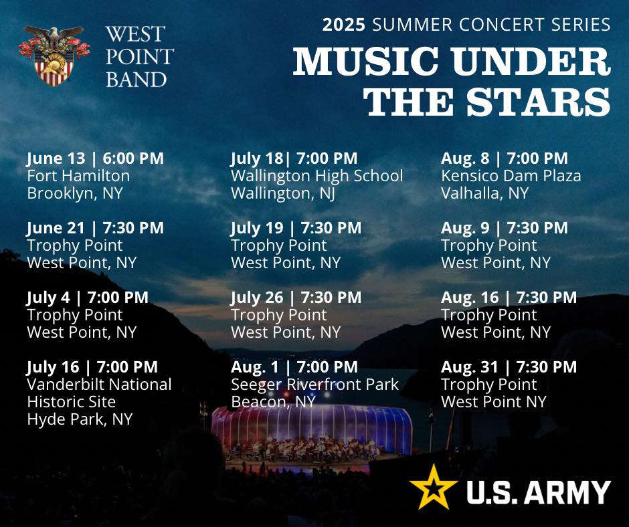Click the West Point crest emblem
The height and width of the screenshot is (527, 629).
point(54,56)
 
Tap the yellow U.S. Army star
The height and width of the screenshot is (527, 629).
point(433,486)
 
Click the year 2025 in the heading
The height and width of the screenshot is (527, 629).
point(344,25)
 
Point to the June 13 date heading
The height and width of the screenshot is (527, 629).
point(95,159)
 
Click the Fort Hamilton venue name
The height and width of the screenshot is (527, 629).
point(78,176)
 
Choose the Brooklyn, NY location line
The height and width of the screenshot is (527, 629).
point(75,193)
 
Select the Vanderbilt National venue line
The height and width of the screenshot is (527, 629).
point(99,385)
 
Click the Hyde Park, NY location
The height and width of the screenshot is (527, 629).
point(80,419)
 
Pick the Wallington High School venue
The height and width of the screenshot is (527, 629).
point(317,176)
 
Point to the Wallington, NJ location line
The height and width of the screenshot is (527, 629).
point(283,193)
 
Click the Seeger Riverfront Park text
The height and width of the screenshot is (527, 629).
point(315,385)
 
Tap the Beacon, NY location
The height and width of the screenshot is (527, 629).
point(273,402)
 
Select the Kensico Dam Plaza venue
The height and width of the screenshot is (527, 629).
point(511,176)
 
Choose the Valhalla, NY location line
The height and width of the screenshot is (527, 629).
point(485,193)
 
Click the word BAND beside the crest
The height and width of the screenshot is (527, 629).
point(137,80)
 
